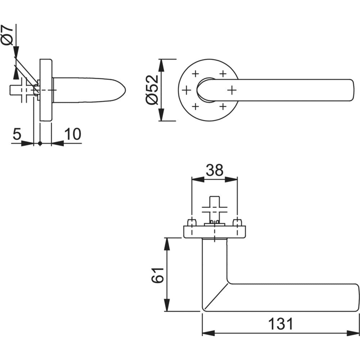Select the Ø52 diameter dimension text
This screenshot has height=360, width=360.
[152, 90]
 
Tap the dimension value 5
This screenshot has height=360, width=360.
[17, 134]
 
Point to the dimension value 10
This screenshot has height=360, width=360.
[72, 134]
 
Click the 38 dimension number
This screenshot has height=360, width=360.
[215, 170]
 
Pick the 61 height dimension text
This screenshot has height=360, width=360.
[157, 275]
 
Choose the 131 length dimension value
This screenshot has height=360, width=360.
[280, 324]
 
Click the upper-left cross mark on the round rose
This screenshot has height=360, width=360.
[195, 74]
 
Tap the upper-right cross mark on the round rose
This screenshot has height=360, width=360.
[223, 74]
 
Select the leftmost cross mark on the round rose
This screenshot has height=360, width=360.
[186, 90]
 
